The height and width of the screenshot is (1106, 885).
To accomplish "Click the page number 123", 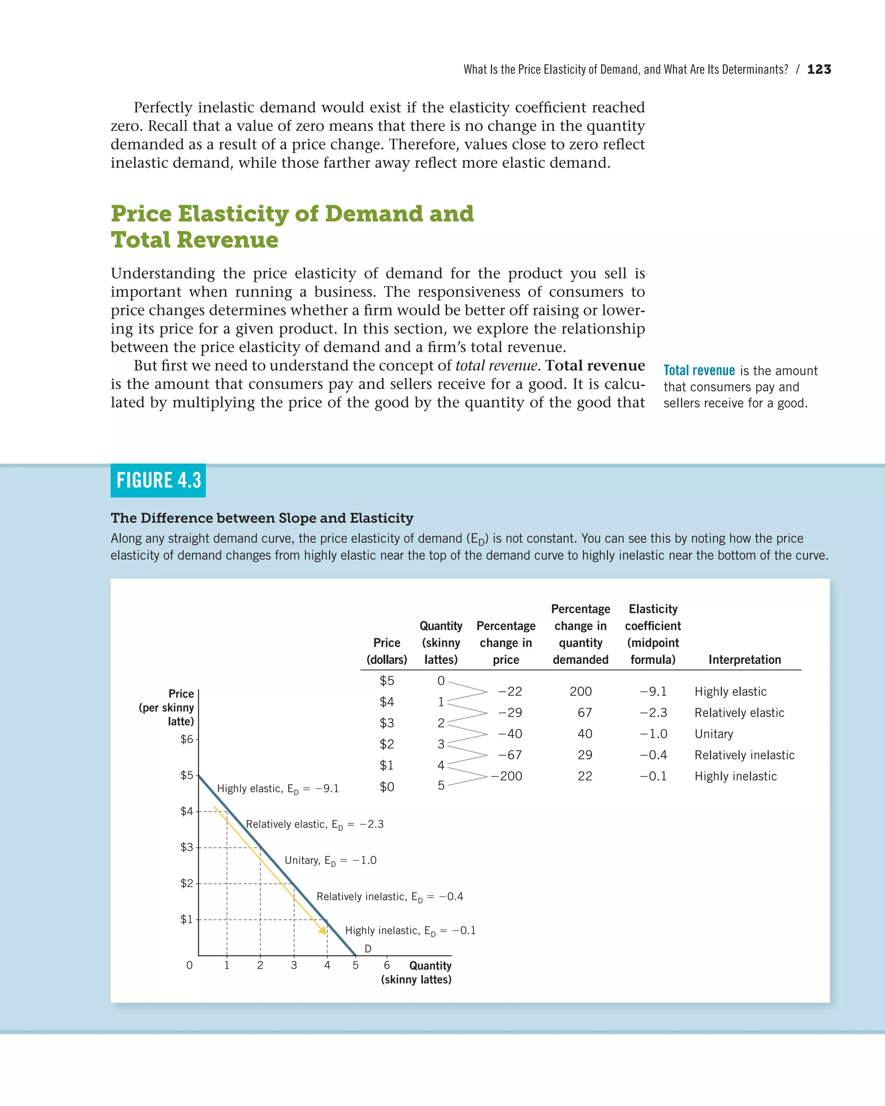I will point(819,69).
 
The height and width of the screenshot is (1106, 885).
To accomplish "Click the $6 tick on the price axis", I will point(187,739).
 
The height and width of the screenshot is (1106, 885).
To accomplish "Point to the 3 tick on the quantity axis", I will point(294,965).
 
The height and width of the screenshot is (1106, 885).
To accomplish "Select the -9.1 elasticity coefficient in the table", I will point(653,692).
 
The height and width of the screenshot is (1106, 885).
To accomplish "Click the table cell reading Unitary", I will point(713,734).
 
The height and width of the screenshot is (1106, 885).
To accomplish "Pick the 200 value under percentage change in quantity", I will point(581,692).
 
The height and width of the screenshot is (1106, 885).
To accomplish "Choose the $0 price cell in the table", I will point(387,787).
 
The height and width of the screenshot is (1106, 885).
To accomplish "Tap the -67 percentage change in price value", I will point(510,755).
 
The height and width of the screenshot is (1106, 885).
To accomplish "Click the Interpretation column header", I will point(745,660).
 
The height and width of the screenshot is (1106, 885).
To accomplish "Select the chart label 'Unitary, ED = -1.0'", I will point(331,860).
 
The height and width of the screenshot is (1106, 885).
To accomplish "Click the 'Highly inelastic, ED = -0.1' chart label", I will point(411,931).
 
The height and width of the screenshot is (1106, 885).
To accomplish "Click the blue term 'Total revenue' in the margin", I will point(699,370).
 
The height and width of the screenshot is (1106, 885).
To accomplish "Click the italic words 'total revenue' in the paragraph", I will point(496,366).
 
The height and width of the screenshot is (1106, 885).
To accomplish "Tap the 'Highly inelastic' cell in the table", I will point(735,776).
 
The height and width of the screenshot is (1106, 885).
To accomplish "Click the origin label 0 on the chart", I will point(189,965).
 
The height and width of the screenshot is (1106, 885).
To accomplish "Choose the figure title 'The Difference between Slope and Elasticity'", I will point(261,518).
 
